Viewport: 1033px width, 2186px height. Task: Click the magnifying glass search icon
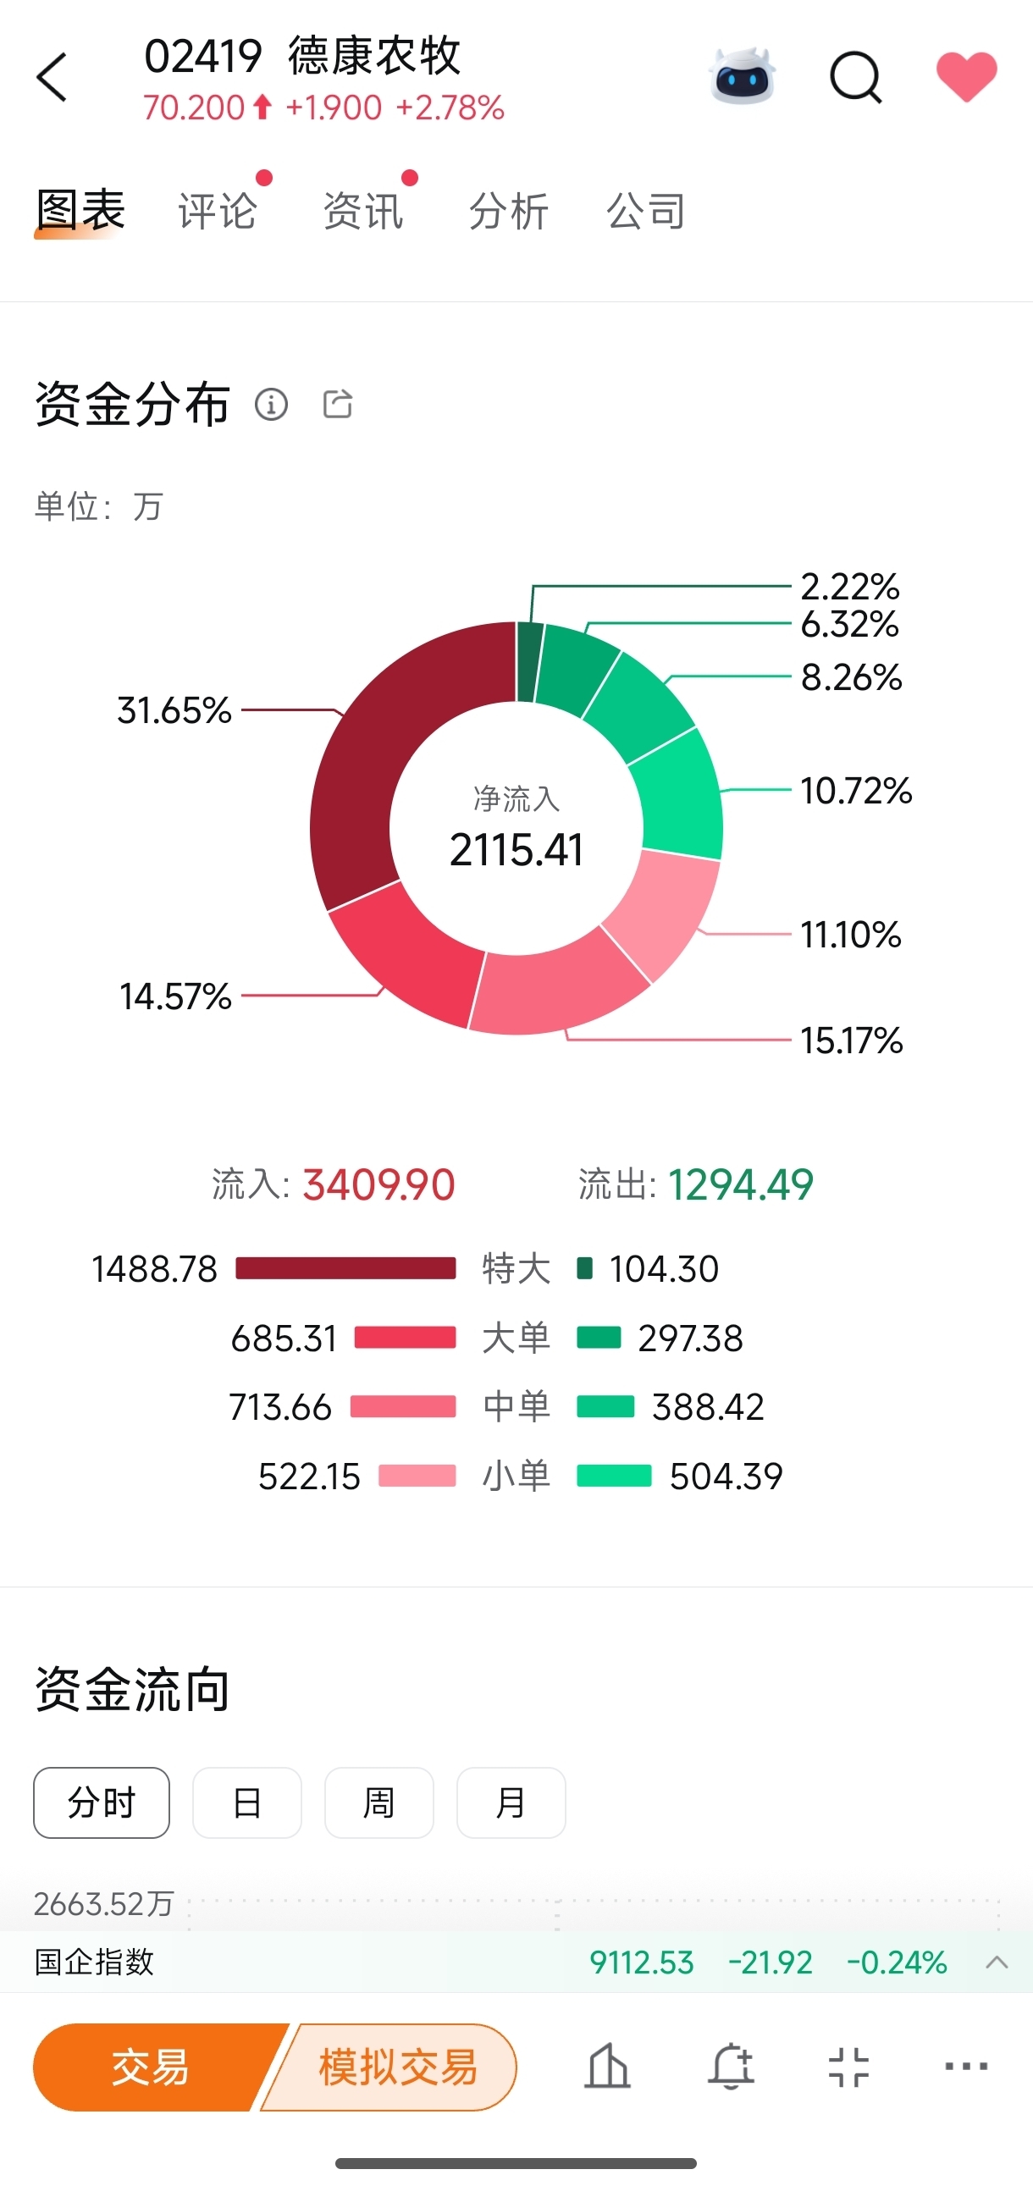[x=854, y=78]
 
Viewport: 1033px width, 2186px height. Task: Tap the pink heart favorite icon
[x=966, y=76]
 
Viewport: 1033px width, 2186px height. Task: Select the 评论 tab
[x=218, y=211]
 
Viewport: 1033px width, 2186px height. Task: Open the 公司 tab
[x=645, y=211]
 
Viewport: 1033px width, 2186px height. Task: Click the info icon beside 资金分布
[x=272, y=404]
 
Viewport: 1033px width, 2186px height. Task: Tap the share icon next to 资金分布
[x=338, y=404]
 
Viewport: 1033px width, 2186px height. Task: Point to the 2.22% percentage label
[x=849, y=587]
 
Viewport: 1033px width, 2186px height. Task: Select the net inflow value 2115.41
[x=516, y=849]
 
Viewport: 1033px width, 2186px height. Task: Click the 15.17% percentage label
[x=851, y=1041]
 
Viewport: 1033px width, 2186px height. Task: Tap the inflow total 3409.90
[x=378, y=1184]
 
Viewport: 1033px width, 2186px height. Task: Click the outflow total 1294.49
[x=740, y=1184]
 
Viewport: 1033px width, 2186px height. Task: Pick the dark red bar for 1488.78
[x=345, y=1268]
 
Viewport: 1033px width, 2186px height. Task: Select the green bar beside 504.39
[x=614, y=1477]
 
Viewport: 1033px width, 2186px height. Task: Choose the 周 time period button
[x=378, y=1802]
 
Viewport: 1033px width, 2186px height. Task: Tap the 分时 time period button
[x=102, y=1802]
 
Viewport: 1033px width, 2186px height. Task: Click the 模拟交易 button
[x=397, y=2067]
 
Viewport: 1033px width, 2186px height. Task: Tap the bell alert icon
[x=731, y=2067]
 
